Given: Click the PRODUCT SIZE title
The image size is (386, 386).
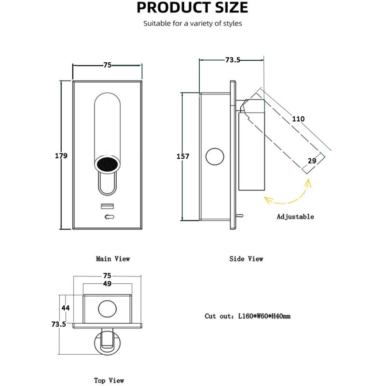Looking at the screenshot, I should [x=193, y=8].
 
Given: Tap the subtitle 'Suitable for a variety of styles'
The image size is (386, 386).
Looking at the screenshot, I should [x=193, y=23].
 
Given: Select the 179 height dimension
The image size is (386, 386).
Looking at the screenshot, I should [x=61, y=155].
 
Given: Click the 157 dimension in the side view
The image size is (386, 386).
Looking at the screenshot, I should [x=183, y=156].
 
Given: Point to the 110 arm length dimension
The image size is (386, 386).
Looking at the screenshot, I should [x=298, y=119].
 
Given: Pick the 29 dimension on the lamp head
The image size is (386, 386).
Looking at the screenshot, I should [x=312, y=160].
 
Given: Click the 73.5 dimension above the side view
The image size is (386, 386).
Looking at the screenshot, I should [x=233, y=60].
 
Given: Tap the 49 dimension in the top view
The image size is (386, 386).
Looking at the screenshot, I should [x=107, y=284].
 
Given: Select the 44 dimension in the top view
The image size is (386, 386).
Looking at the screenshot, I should [x=66, y=307].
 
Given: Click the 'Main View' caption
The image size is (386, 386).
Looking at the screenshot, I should [x=113, y=259].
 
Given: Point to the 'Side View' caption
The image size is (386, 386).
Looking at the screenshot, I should [x=246, y=259].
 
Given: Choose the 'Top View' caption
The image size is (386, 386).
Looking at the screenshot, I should [x=109, y=380].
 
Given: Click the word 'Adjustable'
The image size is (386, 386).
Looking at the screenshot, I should [x=295, y=217].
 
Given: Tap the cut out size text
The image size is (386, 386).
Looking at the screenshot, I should [x=248, y=316].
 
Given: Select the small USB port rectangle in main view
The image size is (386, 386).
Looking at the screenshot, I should [x=107, y=207].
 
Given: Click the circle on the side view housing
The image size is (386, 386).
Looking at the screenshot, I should [x=215, y=157].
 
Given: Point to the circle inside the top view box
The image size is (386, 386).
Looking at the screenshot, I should [x=107, y=308].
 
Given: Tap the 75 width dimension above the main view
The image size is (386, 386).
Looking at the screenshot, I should [x=107, y=65].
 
